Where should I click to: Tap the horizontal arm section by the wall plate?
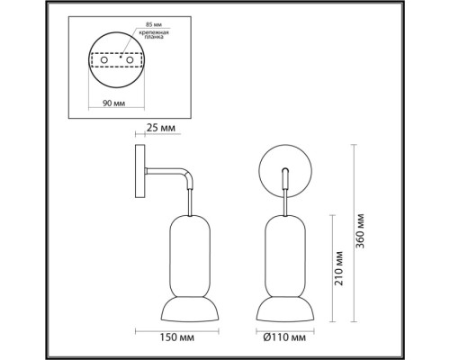pyautogui.click(x=162, y=174)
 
